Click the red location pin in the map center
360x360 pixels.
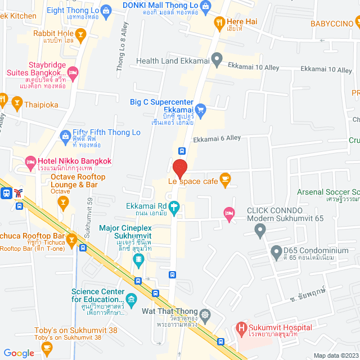[x=179, y=169]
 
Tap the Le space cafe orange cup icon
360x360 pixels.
[x=226, y=181]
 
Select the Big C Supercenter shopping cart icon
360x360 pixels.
[x=201, y=109]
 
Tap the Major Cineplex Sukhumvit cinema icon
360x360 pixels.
[x=138, y=259]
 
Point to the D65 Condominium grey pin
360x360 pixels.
[x=276, y=253]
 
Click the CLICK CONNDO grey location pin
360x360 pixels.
[x=260, y=229]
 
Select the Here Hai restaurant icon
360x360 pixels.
[x=219, y=23]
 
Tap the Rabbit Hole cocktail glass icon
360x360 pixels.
[x=80, y=37]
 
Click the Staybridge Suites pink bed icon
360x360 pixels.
[x=73, y=72]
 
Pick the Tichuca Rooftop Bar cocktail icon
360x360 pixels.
[x=71, y=241]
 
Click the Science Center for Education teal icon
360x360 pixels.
[x=131, y=299]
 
